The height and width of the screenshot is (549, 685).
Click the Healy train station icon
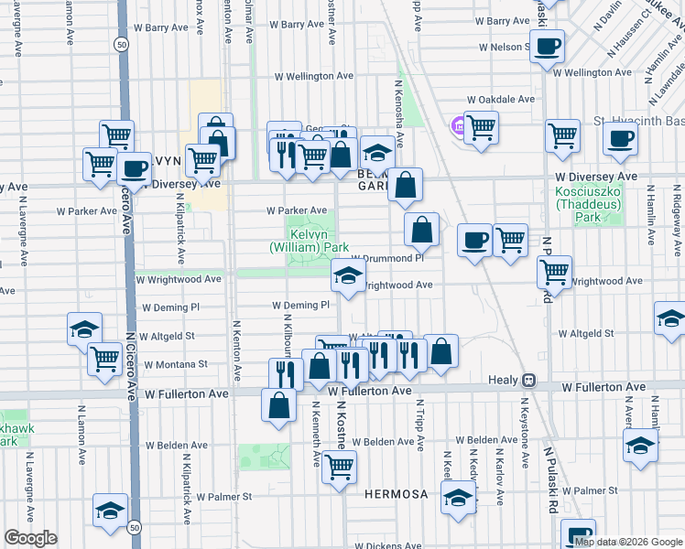click(528, 380)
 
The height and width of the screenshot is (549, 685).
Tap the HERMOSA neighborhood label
click(396, 494)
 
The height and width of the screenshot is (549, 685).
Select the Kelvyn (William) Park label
click(310, 241)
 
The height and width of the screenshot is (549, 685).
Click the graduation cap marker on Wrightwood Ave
click(347, 276)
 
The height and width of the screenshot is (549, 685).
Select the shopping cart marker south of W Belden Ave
click(339, 468)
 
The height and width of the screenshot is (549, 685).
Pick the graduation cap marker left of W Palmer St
click(110, 511)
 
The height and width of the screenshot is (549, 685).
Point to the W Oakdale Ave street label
click(500, 99)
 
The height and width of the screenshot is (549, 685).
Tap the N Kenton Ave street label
click(236, 350)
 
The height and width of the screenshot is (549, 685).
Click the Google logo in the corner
click(30, 538)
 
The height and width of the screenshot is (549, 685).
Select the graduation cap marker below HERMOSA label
click(457, 498)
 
